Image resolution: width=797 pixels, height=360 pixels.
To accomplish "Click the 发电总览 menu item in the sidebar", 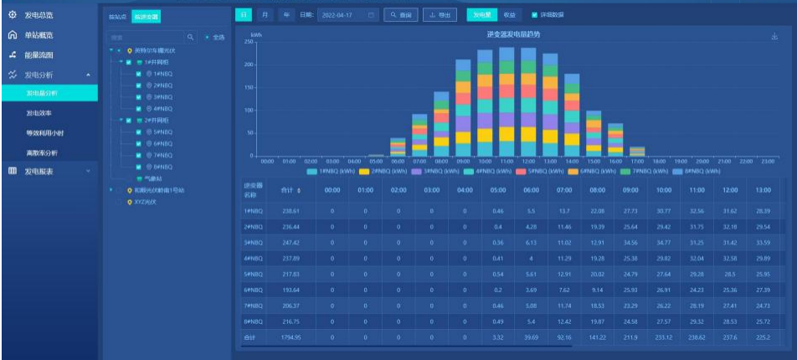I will point(39,15).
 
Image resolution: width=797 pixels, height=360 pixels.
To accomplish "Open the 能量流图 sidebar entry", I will point(39,55).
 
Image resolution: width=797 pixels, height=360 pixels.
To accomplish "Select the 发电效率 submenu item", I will point(39,113).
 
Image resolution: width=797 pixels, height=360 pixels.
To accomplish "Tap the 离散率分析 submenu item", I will point(42,153).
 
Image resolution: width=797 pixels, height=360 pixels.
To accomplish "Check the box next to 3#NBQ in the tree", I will point(138,97).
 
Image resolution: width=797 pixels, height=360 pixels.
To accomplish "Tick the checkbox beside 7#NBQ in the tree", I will point(138,155).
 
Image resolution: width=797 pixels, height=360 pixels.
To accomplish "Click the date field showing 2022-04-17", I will point(347,15).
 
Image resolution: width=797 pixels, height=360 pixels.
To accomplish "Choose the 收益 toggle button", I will point(510,15).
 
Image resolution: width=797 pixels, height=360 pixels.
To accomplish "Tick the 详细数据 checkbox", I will point(535,15).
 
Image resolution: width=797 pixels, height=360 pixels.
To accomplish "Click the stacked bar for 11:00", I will point(506,100).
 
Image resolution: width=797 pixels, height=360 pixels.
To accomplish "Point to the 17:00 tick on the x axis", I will point(637,161).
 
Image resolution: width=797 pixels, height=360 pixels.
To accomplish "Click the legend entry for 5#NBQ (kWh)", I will point(548,171).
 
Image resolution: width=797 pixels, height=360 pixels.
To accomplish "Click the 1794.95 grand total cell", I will point(291,337).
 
